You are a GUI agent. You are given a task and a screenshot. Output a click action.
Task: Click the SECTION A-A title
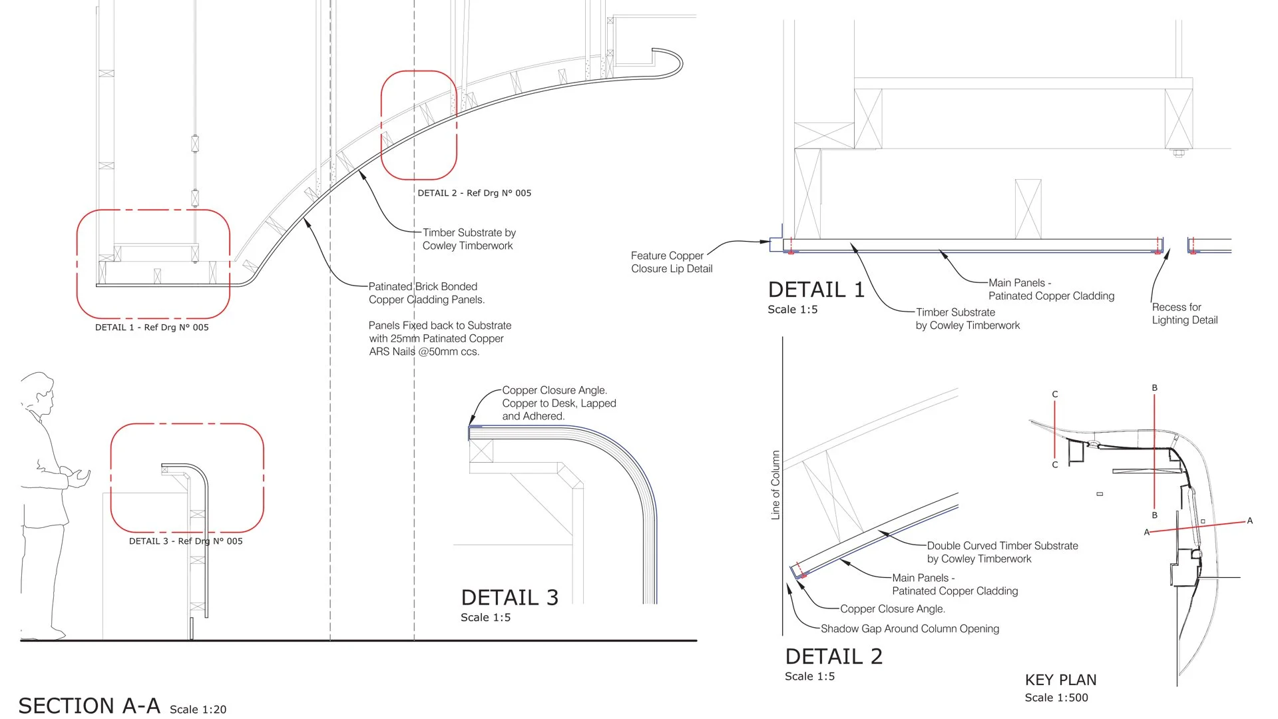click(89, 706)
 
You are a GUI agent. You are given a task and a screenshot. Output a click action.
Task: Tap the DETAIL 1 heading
click(816, 290)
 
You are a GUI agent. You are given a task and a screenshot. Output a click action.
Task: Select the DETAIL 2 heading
click(833, 656)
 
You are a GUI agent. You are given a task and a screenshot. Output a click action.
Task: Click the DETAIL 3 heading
click(509, 597)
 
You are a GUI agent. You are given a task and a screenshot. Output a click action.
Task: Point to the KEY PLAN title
click(1060, 680)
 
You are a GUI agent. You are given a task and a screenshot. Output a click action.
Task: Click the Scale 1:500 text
click(1056, 698)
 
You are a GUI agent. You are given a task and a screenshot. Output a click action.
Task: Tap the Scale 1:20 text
click(198, 710)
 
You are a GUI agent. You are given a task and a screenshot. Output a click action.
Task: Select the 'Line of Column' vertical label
click(775, 485)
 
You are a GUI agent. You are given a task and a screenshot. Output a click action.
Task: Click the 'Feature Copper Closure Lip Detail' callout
click(672, 262)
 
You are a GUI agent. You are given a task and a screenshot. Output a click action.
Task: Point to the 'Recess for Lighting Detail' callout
click(1185, 314)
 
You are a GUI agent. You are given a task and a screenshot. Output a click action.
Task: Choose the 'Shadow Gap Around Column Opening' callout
click(909, 628)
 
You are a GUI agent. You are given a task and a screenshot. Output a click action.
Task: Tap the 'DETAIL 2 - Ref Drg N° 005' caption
click(475, 193)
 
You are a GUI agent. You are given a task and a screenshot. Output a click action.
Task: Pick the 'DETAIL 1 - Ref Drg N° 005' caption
click(152, 328)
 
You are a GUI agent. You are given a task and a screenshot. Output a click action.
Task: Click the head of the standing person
click(37, 389)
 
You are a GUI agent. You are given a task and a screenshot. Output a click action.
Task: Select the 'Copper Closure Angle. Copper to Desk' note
click(558, 403)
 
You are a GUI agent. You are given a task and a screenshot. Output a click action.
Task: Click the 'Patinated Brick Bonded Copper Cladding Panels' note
click(426, 293)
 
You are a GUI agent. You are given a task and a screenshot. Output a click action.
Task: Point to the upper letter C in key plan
click(1055, 394)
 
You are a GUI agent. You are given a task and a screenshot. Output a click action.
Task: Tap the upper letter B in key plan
click(1155, 387)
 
